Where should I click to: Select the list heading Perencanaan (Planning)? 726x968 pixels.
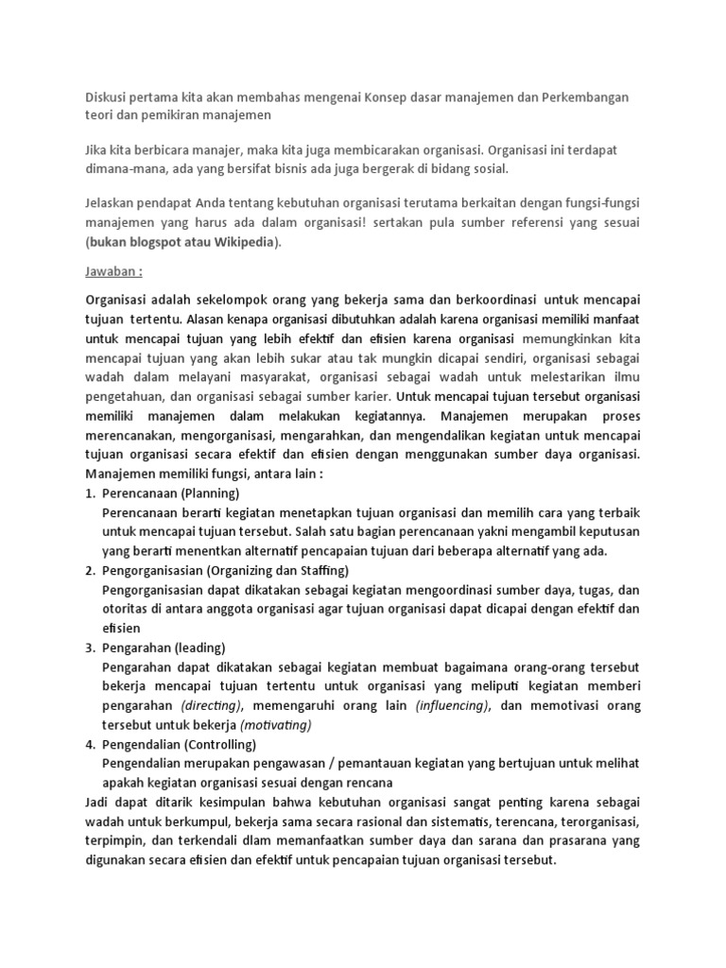click(170, 493)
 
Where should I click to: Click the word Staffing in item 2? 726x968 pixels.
click(319, 571)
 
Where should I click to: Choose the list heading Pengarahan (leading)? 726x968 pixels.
click(164, 648)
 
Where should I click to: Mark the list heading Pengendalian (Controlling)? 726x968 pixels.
click(179, 744)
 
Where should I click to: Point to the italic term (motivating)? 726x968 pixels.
click(275, 725)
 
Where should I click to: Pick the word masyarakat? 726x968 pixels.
click(266, 378)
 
